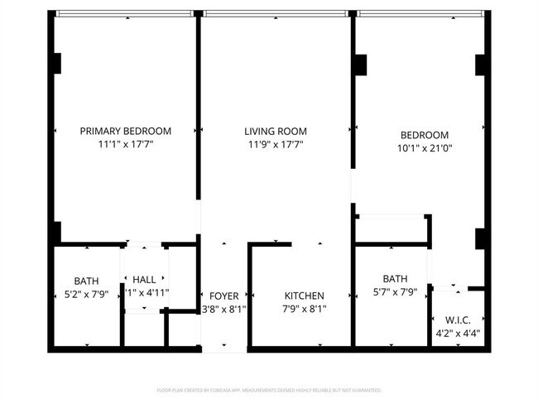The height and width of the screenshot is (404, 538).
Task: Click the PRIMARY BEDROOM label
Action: coord(125,131)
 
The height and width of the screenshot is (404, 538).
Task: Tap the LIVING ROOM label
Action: coord(276,131)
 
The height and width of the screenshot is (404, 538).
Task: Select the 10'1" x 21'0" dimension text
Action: coord(425,149)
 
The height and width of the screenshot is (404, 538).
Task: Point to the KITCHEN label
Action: coord(305,296)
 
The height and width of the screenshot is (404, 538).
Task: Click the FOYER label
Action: coord(223,296)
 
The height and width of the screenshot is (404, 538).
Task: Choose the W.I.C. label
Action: coord(458,320)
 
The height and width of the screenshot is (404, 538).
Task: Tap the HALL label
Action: coord(144,280)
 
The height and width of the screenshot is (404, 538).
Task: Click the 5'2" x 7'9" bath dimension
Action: coord(86,294)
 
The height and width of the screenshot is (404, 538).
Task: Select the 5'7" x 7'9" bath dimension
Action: coord(395,291)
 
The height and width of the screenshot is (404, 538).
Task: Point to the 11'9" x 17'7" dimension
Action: coord(276,144)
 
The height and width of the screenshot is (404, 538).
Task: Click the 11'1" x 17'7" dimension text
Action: coord(125,144)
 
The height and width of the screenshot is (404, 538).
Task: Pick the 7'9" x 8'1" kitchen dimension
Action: coord(305,310)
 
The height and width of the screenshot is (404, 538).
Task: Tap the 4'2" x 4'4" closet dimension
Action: coord(458,334)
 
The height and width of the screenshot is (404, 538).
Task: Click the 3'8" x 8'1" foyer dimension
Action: coord(223,310)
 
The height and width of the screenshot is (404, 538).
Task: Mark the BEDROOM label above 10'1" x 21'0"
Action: coord(425,135)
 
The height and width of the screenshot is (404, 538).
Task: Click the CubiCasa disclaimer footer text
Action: coord(269,390)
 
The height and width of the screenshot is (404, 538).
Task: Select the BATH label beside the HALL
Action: coord(86,281)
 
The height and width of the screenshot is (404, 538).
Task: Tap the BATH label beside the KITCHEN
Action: coord(395,278)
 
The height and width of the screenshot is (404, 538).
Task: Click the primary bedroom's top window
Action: coord(125,13)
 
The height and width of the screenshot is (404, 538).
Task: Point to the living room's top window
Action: coord(276,13)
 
